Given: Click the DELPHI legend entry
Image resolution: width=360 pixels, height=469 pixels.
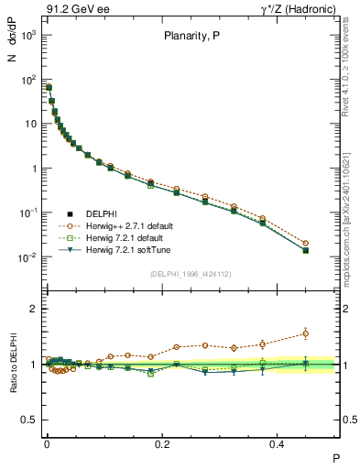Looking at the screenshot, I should tap(101, 213).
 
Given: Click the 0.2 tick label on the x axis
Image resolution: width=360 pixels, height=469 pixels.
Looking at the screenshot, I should tap(163, 443).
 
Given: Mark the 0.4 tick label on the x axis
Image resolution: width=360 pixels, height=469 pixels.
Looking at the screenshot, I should tap(279, 443).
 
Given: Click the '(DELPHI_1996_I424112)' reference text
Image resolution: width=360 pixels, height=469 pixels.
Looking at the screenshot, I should tap(191, 274).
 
